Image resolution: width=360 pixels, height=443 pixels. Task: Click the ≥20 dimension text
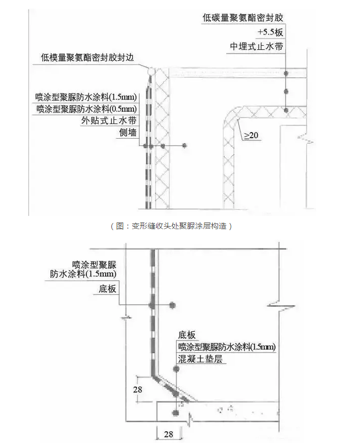tap(250, 136)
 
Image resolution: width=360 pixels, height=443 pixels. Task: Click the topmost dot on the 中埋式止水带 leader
tap(286, 73)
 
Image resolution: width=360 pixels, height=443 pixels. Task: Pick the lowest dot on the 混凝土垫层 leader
tap(176, 413)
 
